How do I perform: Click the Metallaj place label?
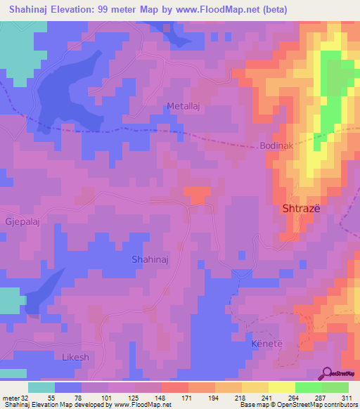(186, 106)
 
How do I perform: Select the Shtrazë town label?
(302, 209)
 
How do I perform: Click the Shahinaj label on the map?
(150, 259)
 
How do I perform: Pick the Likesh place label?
(75, 357)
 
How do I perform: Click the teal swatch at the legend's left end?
(41, 387)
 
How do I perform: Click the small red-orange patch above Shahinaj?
(197, 194)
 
